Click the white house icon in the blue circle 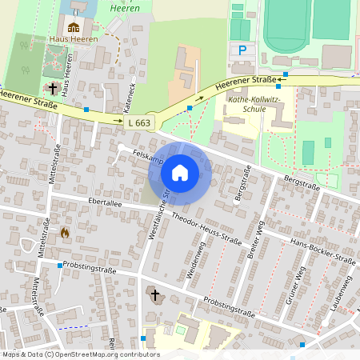[x=180, y=172]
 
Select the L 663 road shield [x=138, y=122]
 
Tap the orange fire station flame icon [x=65, y=232]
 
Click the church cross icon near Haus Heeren [x=53, y=88]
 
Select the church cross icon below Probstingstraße [x=154, y=296]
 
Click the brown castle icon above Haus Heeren [x=74, y=27]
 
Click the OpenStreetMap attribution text [x=80, y=354]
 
